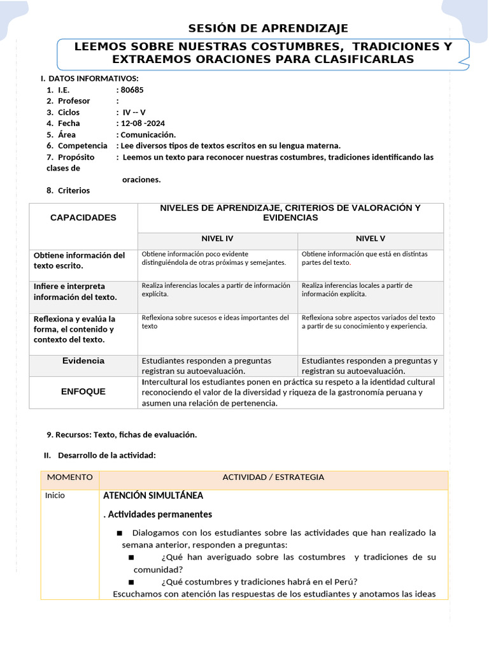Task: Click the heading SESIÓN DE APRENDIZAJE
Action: click(268, 28)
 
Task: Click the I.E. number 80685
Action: click(132, 90)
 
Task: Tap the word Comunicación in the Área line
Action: click(148, 134)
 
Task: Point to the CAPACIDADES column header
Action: click(83, 217)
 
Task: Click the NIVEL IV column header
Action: click(217, 239)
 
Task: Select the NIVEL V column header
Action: click(370, 239)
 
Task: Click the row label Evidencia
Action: click(83, 360)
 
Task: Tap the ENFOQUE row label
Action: click(83, 392)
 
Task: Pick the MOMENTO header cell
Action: click(70, 477)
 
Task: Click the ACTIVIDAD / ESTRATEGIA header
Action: click(273, 477)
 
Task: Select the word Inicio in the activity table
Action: click(55, 495)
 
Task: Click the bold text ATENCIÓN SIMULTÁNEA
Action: click(153, 495)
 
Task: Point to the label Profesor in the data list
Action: click(74, 101)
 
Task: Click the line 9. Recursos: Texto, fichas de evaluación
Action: click(122, 435)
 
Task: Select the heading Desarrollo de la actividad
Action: click(106, 455)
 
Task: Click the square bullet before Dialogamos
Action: click(119, 533)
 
